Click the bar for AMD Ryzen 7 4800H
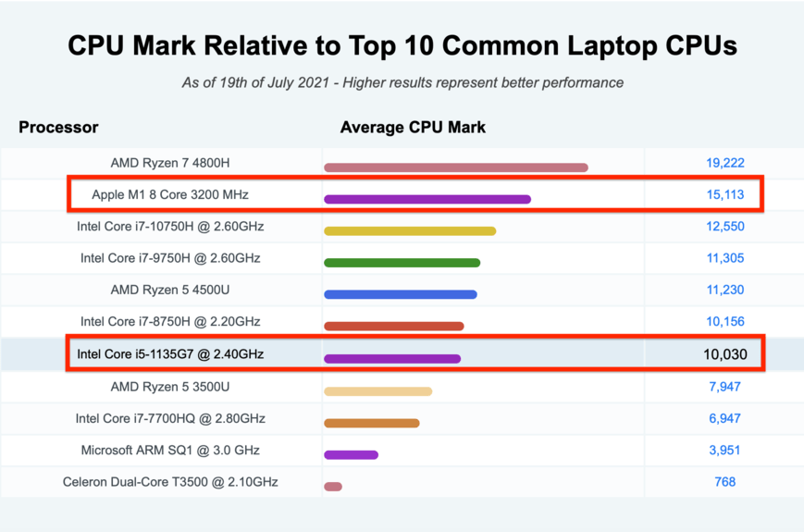click(456, 167)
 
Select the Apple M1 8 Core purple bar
click(427, 199)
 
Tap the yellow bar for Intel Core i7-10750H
click(410, 231)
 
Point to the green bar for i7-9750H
click(402, 263)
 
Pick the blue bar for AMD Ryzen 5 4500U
click(400, 295)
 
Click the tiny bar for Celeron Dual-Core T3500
click(333, 487)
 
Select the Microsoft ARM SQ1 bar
click(351, 454)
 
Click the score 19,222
click(724, 163)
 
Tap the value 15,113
click(724, 194)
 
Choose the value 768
click(724, 482)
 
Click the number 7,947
click(724, 386)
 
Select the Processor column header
click(58, 127)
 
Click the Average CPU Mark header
click(413, 127)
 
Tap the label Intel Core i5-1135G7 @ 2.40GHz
click(170, 354)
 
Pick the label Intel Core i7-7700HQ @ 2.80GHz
click(170, 418)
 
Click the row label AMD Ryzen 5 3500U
click(170, 386)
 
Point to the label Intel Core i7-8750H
click(170, 322)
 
